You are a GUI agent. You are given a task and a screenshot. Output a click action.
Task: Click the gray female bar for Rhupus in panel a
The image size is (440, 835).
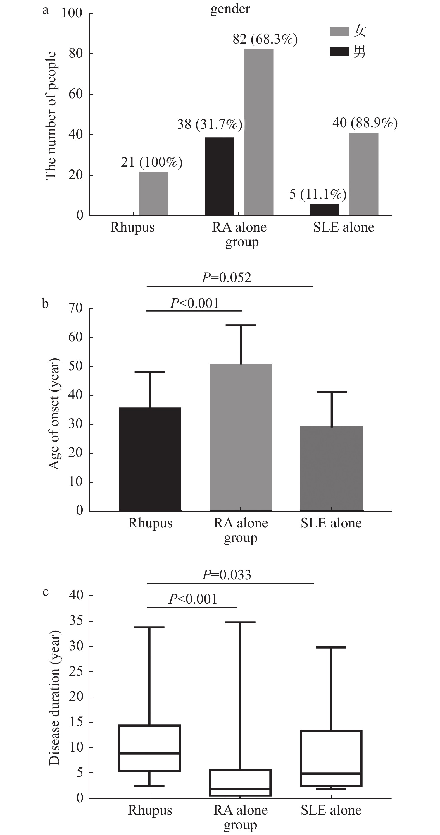click(154, 193)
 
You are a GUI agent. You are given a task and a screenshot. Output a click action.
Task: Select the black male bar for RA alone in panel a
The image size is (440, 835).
click(219, 176)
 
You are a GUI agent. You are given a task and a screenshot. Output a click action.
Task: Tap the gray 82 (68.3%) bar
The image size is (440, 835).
click(259, 132)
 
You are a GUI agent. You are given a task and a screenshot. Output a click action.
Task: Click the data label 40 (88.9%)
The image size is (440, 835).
click(365, 123)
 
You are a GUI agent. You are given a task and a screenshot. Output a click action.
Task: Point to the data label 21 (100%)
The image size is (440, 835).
click(151, 162)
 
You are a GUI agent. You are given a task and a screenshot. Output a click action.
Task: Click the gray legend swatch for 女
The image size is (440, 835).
click(339, 32)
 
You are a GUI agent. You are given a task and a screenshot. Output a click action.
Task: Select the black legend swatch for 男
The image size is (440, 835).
click(339, 52)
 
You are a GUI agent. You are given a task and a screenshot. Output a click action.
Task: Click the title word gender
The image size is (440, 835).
click(230, 9)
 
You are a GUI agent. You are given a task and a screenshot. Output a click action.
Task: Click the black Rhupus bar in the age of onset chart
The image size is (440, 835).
click(150, 459)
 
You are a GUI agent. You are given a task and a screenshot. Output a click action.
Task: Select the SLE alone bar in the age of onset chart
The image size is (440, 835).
click(331, 468)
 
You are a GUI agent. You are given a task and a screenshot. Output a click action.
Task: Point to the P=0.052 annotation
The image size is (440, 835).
click(227, 278)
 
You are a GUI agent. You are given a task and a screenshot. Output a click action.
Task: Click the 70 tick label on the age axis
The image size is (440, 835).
click(75, 308)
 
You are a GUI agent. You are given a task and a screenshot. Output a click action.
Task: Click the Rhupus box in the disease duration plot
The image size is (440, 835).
click(149, 748)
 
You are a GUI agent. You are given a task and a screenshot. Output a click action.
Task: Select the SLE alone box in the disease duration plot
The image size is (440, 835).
click(331, 758)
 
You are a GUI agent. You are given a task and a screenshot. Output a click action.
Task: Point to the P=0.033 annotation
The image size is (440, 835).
click(227, 575)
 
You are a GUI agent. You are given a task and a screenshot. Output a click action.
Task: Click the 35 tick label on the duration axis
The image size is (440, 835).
click(76, 621)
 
